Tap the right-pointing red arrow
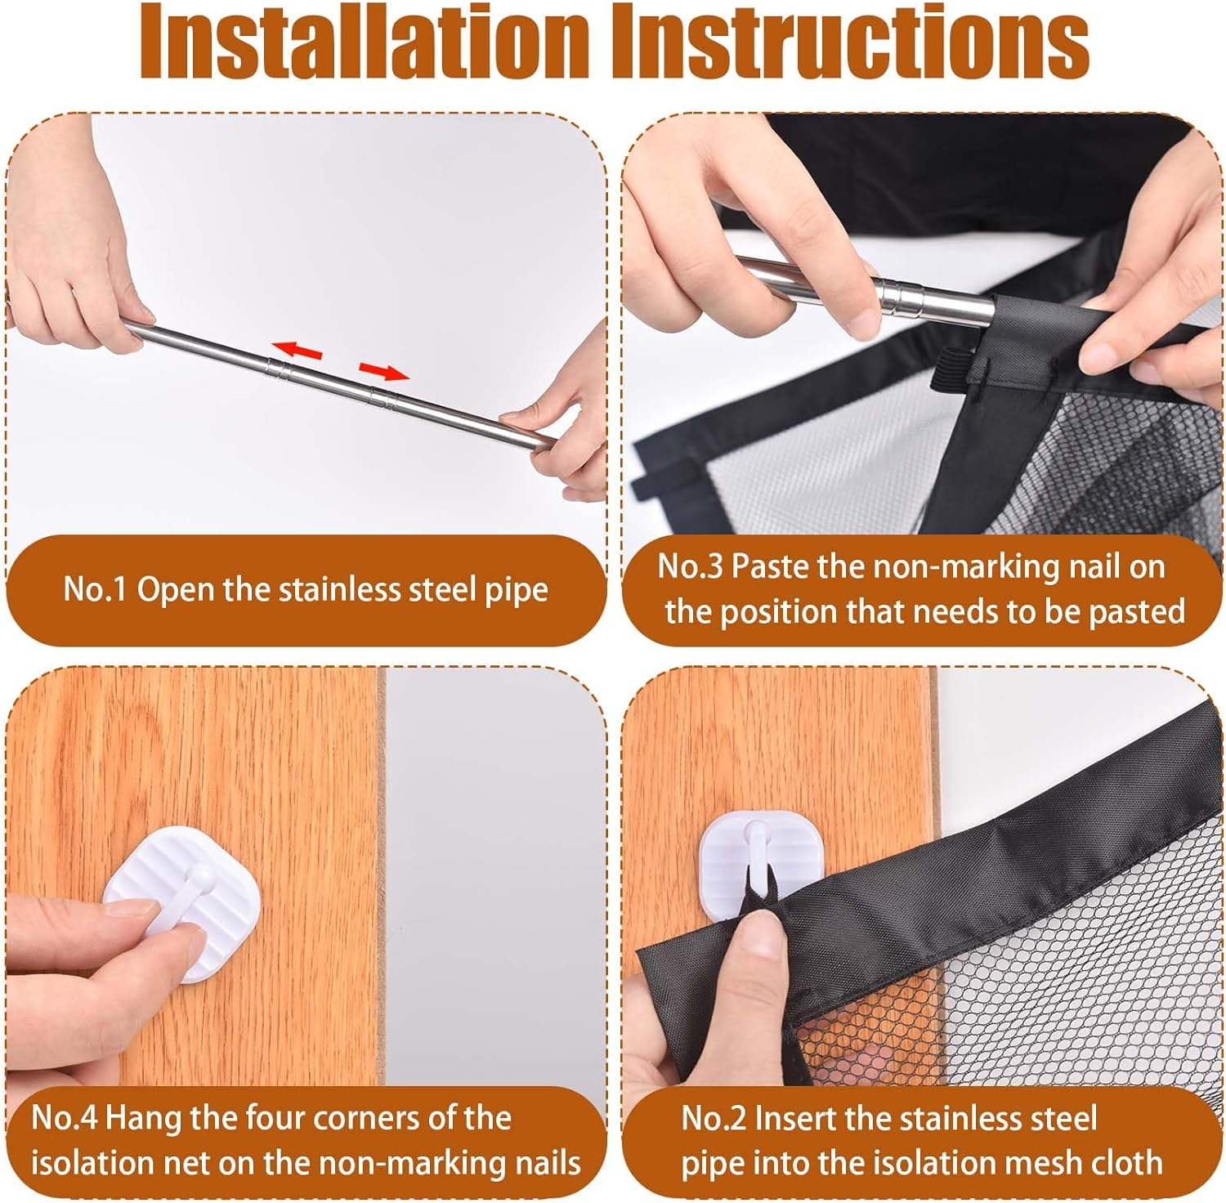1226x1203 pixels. [384, 373]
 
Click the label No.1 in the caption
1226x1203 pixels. [94, 590]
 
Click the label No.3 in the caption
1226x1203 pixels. [689, 566]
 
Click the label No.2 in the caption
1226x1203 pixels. [713, 1118]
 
